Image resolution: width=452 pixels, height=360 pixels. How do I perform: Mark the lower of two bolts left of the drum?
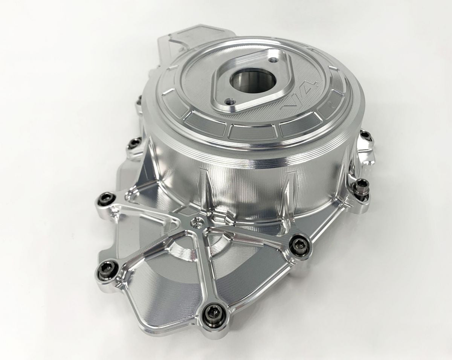click(x=133, y=143)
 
